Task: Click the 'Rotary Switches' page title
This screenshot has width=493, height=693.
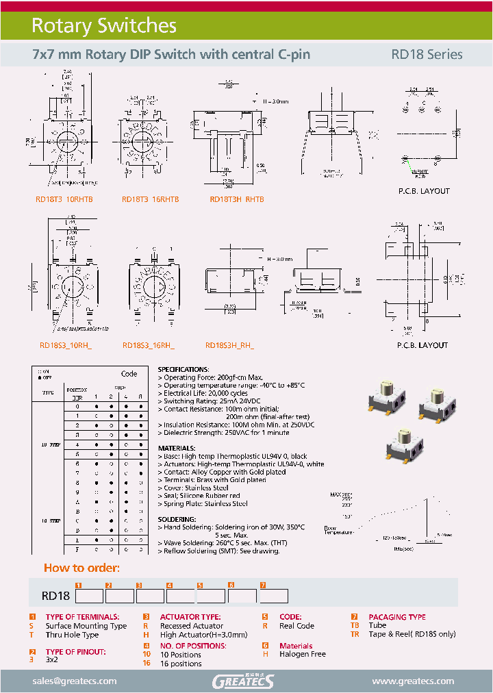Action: point(104,26)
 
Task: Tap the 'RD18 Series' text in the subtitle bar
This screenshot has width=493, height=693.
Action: point(427,55)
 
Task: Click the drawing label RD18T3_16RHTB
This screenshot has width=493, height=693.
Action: point(150,199)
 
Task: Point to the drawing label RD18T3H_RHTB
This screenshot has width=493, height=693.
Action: point(236,199)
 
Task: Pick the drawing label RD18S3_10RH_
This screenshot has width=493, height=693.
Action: point(65,346)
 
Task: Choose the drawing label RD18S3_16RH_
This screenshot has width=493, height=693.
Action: point(148,346)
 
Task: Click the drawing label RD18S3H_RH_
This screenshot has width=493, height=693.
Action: point(229,346)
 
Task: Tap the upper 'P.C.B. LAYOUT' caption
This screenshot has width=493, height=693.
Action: point(424,191)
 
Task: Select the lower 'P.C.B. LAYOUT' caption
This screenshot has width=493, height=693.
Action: point(422,346)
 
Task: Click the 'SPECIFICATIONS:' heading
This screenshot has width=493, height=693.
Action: point(183,369)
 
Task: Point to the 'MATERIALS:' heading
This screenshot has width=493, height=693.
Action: point(178,449)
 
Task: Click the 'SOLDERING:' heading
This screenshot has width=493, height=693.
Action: point(177,520)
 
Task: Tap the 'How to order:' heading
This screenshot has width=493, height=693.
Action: point(81,568)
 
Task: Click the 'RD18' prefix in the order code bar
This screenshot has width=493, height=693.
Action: point(56,596)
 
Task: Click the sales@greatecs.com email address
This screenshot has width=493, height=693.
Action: point(75,681)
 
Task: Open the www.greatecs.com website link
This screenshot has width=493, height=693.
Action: point(413,681)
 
